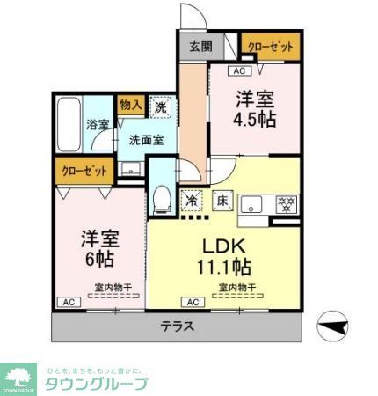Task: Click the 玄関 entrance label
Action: pos(200,48)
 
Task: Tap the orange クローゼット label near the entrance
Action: pos(268,46)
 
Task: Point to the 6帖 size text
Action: pos(98,260)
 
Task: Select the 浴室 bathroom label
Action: pos(97,125)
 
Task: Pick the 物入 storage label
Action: pos(130,106)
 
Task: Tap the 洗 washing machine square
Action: pos(160,106)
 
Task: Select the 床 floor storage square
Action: pos(222,201)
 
